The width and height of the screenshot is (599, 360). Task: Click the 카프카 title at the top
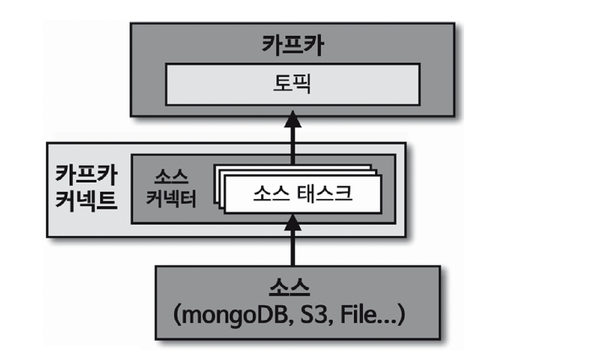coord(292,46)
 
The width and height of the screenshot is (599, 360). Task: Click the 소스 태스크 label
coord(302,194)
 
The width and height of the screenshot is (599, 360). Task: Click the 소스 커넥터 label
coord(171,188)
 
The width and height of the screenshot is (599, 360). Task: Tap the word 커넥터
coord(171,199)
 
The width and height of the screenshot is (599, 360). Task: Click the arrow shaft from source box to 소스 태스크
coord(292,247)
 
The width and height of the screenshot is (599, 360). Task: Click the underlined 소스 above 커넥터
coord(171,178)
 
